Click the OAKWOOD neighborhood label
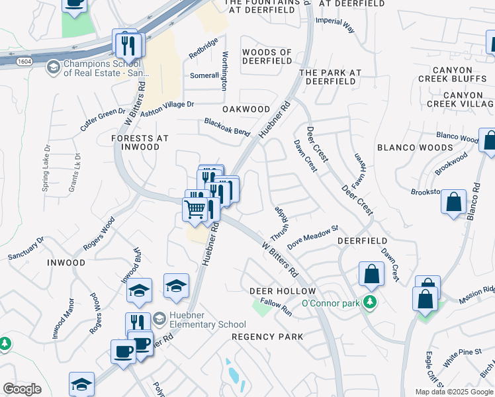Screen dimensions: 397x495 tap(246, 109)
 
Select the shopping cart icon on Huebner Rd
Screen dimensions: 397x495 tap(195, 210)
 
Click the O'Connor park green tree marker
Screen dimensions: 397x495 tap(370, 303)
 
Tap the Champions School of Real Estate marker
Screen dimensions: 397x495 tap(53, 67)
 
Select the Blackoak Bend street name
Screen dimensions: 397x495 tap(227, 127)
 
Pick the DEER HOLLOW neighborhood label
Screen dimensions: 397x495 tap(283, 291)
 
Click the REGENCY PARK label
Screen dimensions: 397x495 tap(267, 337)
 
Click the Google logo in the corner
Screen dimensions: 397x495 tap(22, 388)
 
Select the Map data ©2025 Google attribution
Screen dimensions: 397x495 tap(454, 392)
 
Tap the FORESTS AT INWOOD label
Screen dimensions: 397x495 tap(140, 142)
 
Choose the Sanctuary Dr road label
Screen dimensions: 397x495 tap(26, 248)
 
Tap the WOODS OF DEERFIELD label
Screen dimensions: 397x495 tap(267, 56)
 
